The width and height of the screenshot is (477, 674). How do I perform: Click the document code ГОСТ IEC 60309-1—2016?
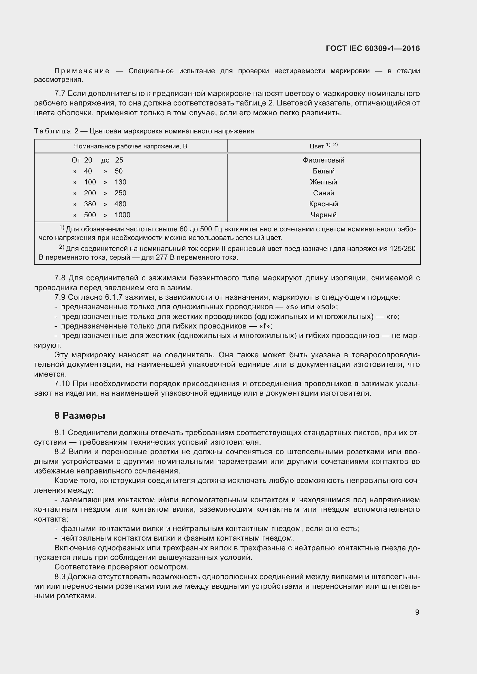(373, 48)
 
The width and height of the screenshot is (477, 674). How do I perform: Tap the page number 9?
(417, 612)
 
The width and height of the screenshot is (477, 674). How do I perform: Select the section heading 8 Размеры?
(80, 416)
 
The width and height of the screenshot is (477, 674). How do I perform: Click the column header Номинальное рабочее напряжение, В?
(130, 146)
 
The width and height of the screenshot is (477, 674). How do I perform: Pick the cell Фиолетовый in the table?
(323, 160)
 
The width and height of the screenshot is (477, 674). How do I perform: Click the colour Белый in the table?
(323, 171)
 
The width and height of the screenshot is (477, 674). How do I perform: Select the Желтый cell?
(323, 182)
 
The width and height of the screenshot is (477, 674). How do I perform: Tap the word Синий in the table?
(323, 193)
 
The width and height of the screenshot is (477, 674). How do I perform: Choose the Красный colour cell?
(323, 204)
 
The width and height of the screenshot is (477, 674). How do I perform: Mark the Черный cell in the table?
(323, 215)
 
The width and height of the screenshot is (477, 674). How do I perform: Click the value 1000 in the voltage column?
(123, 215)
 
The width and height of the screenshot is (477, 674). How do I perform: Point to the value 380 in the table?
(90, 204)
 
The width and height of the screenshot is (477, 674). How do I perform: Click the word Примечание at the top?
(82, 71)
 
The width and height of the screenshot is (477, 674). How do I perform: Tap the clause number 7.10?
(62, 384)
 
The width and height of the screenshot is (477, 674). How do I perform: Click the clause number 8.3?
(60, 577)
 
